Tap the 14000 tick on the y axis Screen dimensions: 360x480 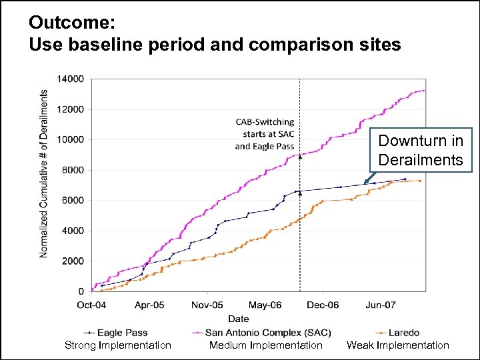click(70, 79)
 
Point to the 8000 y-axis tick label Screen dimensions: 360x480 click(72, 170)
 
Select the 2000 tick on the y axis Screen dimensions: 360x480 click(72, 261)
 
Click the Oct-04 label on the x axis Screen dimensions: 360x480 click(91, 305)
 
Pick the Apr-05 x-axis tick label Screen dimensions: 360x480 click(149, 305)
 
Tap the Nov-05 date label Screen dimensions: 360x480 click(208, 305)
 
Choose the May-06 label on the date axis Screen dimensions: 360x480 click(266, 305)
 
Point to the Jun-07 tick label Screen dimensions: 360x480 click(381, 305)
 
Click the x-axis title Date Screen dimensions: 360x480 click(239, 319)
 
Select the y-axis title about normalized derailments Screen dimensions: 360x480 click(44, 174)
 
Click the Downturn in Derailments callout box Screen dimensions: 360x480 click(420, 150)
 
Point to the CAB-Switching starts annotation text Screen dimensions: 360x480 click(265, 134)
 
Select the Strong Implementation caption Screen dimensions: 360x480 click(118, 345)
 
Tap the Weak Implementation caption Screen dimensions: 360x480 click(398, 345)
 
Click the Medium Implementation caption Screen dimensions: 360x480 click(265, 345)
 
